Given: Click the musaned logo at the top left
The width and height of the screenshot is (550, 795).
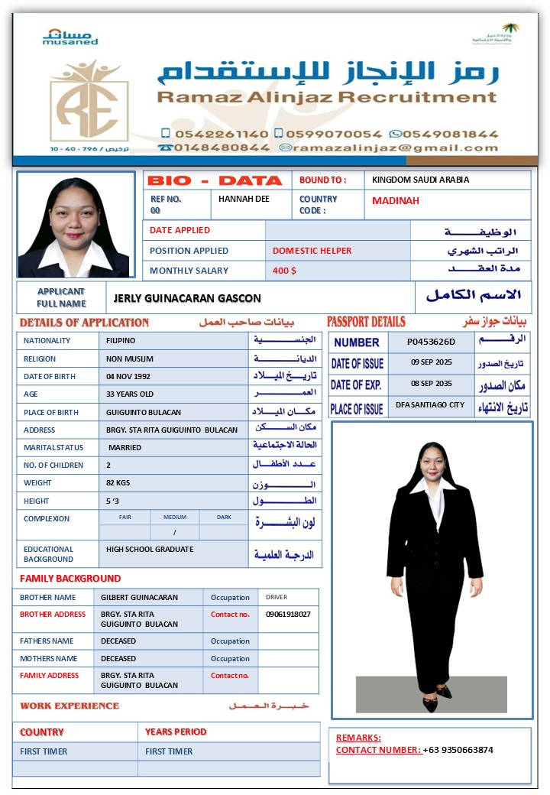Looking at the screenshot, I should click(x=70, y=37).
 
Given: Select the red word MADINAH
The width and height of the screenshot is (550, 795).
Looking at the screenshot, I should click(x=396, y=201).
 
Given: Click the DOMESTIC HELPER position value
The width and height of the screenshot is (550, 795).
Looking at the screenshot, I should click(x=312, y=251).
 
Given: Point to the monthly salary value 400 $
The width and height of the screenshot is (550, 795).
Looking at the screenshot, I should click(x=284, y=271).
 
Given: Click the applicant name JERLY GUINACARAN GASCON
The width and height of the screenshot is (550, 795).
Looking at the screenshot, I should click(x=187, y=298).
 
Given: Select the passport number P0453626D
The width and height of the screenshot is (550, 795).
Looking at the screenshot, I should click(x=431, y=342).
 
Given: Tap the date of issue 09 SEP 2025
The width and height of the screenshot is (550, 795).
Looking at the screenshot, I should click(x=432, y=362).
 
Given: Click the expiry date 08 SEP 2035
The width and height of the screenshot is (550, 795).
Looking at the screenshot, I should click(x=432, y=384).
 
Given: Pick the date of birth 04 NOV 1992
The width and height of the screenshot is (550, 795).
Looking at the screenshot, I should click(x=128, y=376).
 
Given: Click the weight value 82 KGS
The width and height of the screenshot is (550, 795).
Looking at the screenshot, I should click(x=118, y=483).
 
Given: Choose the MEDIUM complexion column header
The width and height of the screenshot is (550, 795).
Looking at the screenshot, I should click(x=175, y=518).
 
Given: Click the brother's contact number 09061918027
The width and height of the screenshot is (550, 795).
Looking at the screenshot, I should click(x=288, y=614).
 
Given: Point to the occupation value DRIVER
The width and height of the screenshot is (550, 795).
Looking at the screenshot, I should click(x=277, y=597).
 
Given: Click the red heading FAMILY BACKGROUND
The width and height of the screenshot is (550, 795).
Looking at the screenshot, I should click(x=70, y=579).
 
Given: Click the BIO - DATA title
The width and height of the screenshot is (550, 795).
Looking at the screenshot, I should click(x=215, y=180).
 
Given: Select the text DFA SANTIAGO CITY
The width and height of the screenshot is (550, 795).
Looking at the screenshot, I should click(x=430, y=405).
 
